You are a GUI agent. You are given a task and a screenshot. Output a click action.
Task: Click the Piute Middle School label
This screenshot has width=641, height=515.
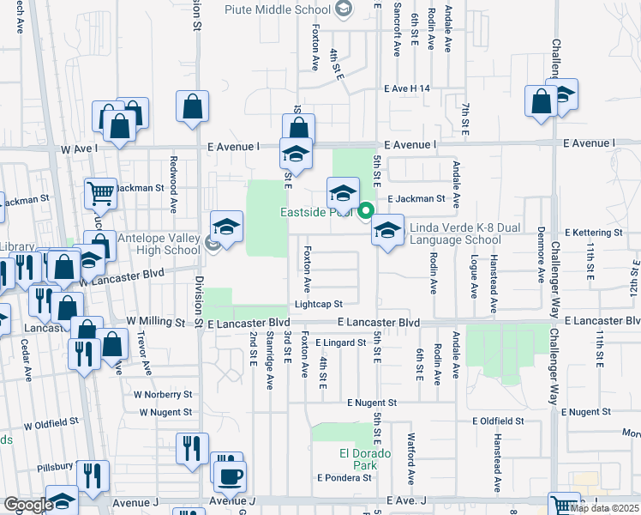277,10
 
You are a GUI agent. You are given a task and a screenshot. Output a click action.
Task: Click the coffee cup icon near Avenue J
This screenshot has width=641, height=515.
229,475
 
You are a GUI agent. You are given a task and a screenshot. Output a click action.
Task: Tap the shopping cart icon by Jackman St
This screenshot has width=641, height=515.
100,194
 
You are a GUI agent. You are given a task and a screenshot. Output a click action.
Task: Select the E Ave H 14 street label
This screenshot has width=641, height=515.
406,88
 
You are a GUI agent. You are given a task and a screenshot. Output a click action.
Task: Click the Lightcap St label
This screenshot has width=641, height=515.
319,304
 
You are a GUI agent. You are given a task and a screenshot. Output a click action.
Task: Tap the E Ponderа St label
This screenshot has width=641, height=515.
344,477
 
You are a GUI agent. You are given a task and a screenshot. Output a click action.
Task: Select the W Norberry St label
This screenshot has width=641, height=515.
163,395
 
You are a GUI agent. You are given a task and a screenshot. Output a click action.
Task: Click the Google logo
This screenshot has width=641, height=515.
27,505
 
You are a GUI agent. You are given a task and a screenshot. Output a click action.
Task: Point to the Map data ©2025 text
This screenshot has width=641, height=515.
604,508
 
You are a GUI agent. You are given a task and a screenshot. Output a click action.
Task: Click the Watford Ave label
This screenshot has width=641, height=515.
411,463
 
